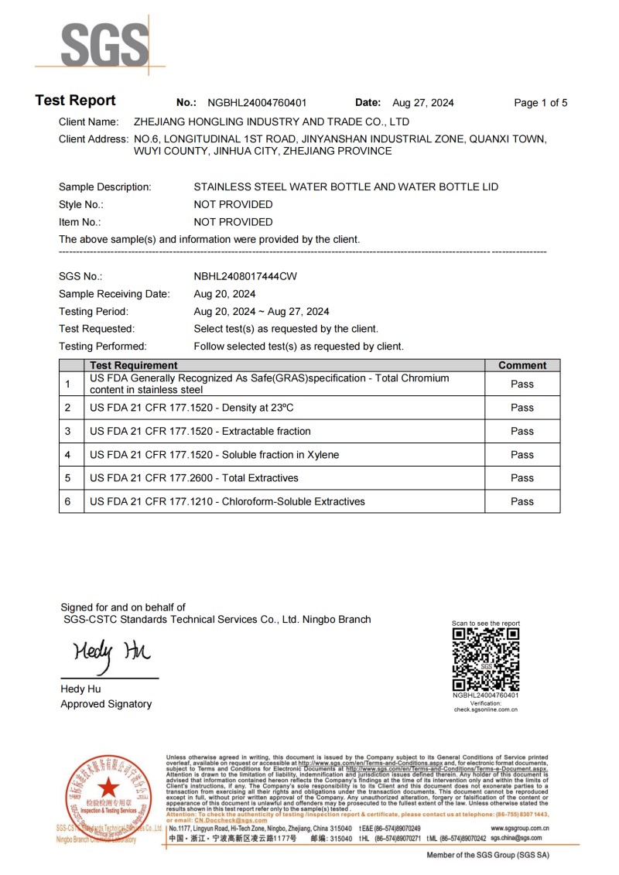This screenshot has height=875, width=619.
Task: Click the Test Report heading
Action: (75, 101)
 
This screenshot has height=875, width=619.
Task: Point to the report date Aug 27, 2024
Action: (423, 103)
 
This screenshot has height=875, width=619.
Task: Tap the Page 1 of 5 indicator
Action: (541, 103)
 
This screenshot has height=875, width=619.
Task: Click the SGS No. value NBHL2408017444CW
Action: (245, 276)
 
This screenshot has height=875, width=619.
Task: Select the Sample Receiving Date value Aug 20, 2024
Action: (224, 294)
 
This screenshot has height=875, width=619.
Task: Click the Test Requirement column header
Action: (134, 365)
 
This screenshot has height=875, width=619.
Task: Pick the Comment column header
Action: (522, 365)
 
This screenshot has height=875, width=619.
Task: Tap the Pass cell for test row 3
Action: (522, 431)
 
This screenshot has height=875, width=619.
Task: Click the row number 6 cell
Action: (68, 501)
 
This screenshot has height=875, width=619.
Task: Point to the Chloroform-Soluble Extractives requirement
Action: (227, 501)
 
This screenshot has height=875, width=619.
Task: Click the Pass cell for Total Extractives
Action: (522, 478)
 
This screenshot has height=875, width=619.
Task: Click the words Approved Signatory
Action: (106, 704)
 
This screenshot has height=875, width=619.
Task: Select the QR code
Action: (486, 658)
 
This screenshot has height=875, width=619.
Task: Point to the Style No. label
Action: (81, 204)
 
